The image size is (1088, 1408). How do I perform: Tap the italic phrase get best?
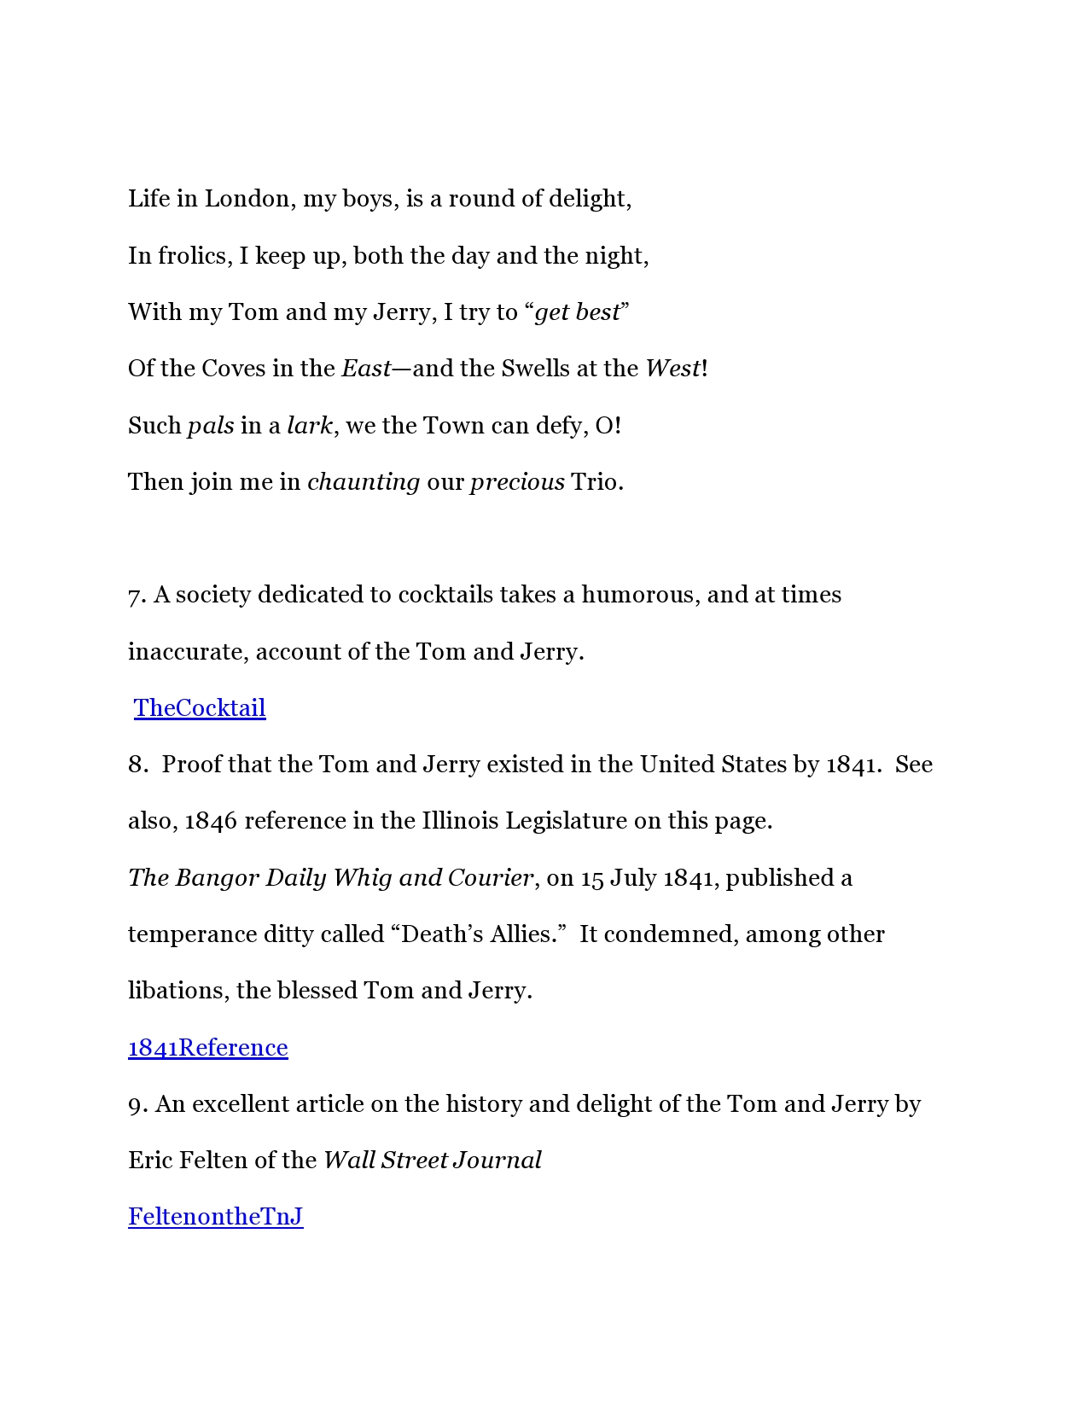[577, 312]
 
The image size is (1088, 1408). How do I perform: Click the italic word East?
[365, 369]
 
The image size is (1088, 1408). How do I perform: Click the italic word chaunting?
[364, 482]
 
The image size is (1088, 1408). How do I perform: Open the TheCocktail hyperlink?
[200, 708]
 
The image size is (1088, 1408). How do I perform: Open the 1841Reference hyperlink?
[208, 1048]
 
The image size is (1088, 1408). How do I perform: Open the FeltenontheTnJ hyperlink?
[216, 1217]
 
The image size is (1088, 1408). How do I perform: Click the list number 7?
[137, 596]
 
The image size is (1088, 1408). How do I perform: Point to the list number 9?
[137, 1105]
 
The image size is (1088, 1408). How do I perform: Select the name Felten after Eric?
[213, 1161]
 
